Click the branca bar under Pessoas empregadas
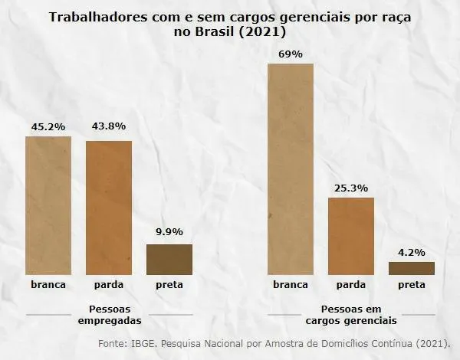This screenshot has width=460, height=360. [x=48, y=205]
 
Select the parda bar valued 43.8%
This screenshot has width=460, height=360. [x=108, y=208]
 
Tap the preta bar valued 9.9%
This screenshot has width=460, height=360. [x=169, y=259]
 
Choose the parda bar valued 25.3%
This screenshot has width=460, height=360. [x=350, y=236]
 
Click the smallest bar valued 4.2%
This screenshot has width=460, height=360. [x=411, y=268]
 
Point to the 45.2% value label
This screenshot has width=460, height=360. [x=48, y=126]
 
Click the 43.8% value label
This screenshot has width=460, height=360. [x=108, y=126]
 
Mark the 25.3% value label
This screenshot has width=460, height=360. [x=350, y=187]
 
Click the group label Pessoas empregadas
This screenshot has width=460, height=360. [x=109, y=315]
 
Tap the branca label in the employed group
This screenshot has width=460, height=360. [x=48, y=285]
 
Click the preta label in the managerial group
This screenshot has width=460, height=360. [x=411, y=285]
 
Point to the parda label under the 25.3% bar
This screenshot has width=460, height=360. [x=350, y=285]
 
